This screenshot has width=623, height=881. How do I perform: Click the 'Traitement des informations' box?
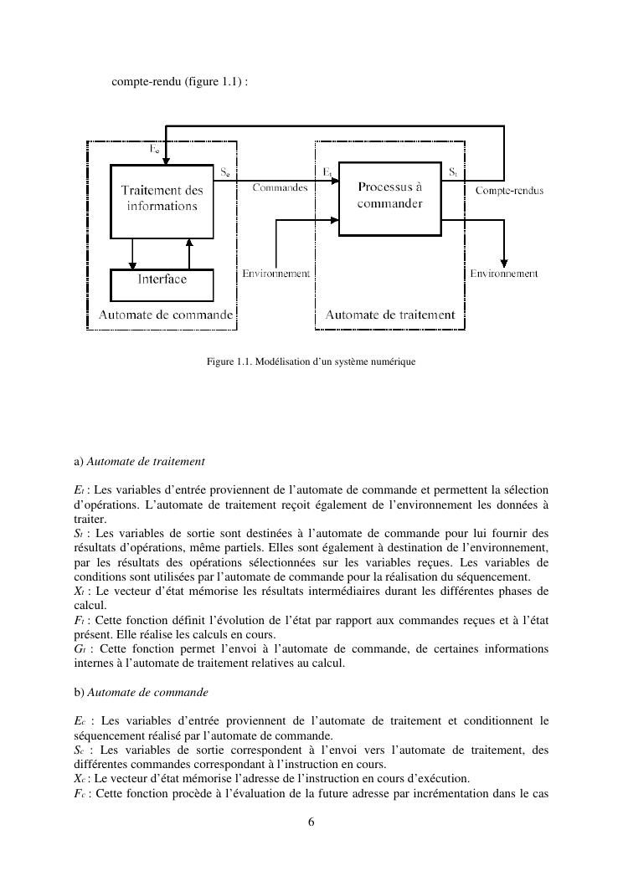pyautogui.click(x=162, y=200)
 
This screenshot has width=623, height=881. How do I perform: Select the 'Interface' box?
pyautogui.click(x=162, y=280)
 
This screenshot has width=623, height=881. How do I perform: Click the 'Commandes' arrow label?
pyautogui.click(x=280, y=188)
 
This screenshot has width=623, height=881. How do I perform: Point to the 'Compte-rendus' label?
pyautogui.click(x=509, y=191)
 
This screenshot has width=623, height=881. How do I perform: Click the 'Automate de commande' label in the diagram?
pyautogui.click(x=166, y=315)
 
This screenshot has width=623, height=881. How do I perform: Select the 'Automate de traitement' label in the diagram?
pyautogui.click(x=389, y=315)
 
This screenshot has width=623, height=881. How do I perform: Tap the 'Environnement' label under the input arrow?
pyautogui.click(x=276, y=274)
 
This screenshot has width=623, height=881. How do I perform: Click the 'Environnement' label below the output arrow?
pyautogui.click(x=503, y=274)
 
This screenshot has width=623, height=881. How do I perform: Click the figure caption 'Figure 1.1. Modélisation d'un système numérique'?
pyautogui.click(x=311, y=362)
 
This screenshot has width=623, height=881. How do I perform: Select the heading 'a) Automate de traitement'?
pyautogui.click(x=140, y=461)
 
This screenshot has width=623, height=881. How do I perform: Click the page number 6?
pyautogui.click(x=311, y=822)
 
